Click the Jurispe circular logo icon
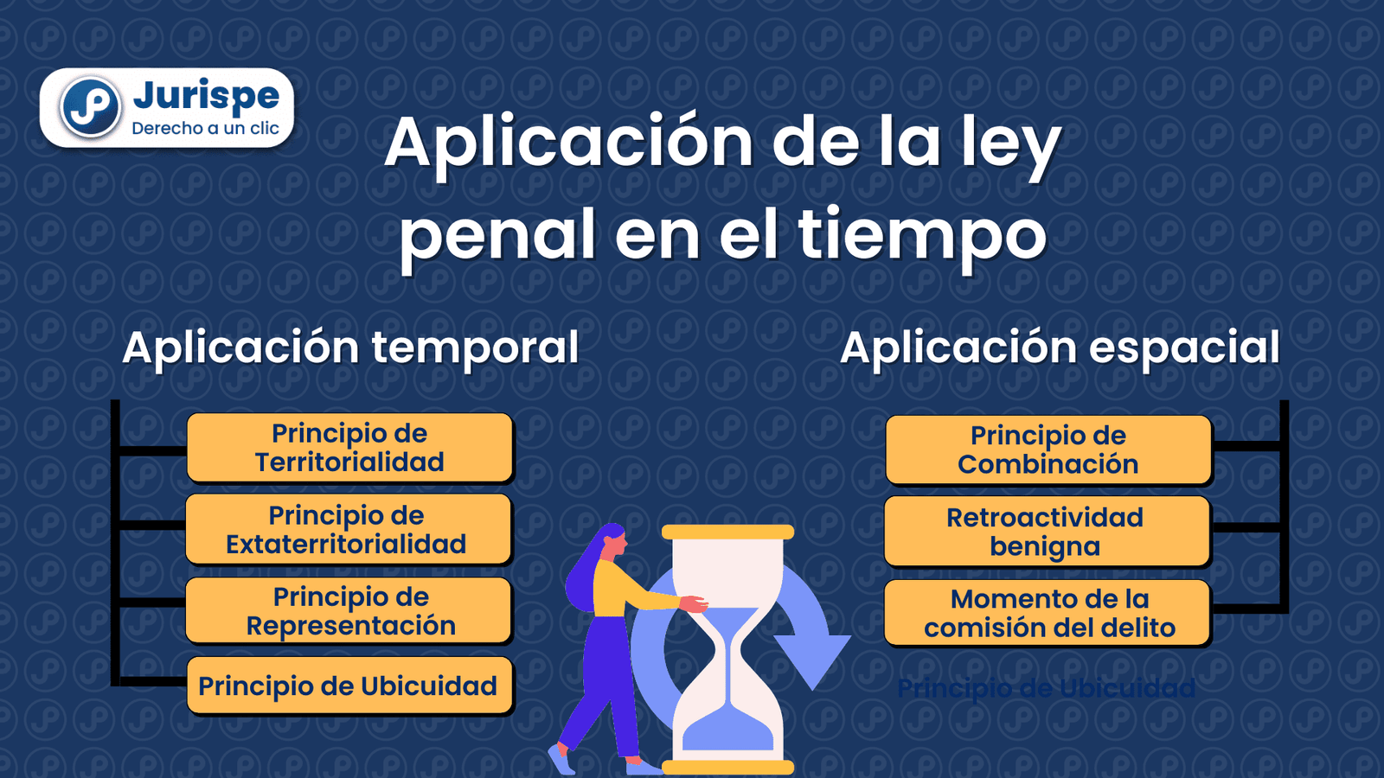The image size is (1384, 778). pos(89,107)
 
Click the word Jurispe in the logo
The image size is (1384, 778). pos(206,96)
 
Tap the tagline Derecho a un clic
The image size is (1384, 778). pos(205,129)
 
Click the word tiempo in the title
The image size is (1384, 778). pos(922,235)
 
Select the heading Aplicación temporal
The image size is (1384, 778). pos(350,348)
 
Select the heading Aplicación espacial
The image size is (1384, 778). pos(1060,348)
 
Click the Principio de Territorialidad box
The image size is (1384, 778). pos(349,448)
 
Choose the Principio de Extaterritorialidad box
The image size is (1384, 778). pos(348,529)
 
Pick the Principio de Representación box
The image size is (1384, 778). pos(349,610)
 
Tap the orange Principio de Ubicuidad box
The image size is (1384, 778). pos(349,686)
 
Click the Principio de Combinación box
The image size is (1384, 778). pos(1048,450)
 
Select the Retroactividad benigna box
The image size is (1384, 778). pos(1046,531)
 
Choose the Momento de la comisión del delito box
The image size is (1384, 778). pos(1048,613)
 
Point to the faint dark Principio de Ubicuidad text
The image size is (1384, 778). pos(1046,688)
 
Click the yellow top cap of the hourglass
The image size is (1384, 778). pos(727,532)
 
